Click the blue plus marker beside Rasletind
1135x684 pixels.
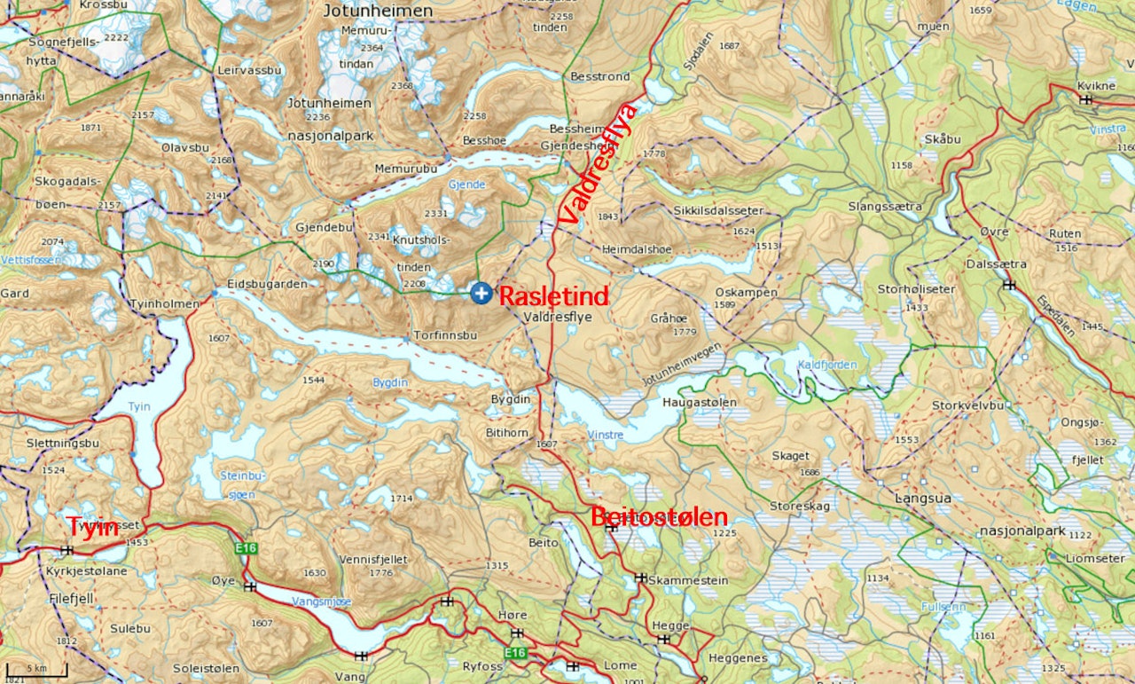pos(481,293)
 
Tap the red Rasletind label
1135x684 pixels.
pos(553,295)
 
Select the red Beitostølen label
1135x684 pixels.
pos(659,516)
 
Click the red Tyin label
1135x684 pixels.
pos(93,527)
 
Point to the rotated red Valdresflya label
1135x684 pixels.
pos(597,163)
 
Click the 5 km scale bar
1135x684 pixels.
pos(36,667)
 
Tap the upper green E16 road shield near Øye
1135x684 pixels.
pos(246,548)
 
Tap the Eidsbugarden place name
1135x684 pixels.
pos(267,284)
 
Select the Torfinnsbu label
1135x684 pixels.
pos(445,336)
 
